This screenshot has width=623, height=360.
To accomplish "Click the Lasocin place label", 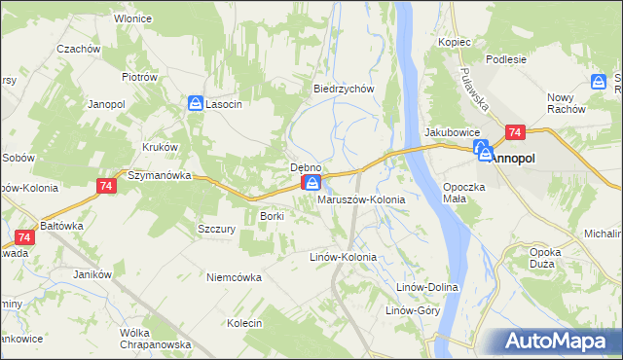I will pyautogui.click(x=224, y=104).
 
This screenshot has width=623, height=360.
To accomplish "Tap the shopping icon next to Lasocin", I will pyautogui.click(x=196, y=102).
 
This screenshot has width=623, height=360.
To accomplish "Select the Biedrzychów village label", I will pyautogui.click(x=344, y=88).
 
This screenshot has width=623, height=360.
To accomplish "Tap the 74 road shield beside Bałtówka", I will pyautogui.click(x=26, y=236).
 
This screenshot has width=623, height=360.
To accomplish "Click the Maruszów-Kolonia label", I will pyautogui.click(x=361, y=199).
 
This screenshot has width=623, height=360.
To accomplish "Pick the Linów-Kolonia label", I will pyautogui.click(x=342, y=257).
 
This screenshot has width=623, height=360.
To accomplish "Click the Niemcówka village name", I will pyautogui.click(x=234, y=276).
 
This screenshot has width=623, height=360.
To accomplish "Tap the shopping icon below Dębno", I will pyautogui.click(x=311, y=183).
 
